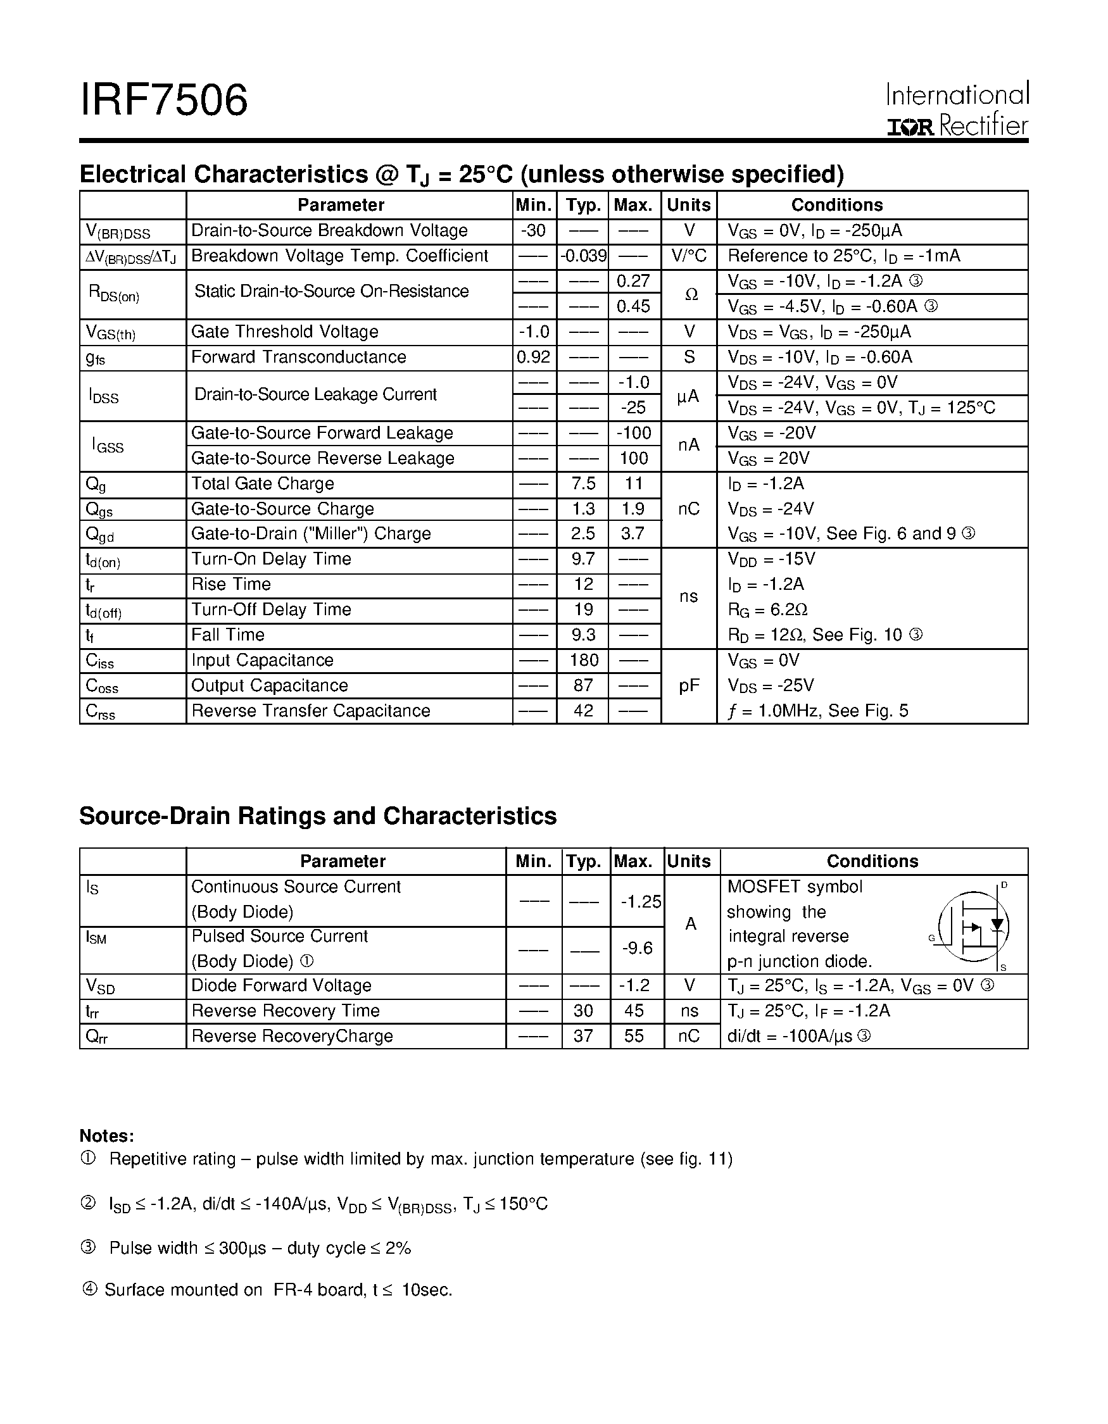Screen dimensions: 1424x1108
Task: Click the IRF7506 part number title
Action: (x=164, y=101)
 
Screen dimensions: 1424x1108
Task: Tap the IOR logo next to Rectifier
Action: (x=910, y=127)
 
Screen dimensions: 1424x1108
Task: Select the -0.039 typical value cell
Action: (x=583, y=256)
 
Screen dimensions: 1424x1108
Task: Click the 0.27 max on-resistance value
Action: (x=633, y=281)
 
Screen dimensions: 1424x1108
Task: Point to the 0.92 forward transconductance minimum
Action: (x=534, y=358)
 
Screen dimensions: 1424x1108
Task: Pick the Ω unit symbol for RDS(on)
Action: (x=690, y=294)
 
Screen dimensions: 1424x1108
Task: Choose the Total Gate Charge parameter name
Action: (x=262, y=484)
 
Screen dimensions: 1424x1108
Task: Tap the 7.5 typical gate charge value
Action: (x=583, y=484)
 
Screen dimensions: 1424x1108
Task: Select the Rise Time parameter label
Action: (x=231, y=585)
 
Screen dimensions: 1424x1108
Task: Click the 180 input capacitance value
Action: (x=583, y=661)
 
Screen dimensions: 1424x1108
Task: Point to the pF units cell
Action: (x=689, y=686)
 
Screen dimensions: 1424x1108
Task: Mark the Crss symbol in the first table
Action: (x=101, y=711)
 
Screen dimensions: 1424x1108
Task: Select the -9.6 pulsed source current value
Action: (x=636, y=949)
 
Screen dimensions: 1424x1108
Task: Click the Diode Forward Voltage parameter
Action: (x=281, y=986)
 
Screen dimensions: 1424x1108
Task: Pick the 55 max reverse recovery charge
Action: (x=633, y=1036)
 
